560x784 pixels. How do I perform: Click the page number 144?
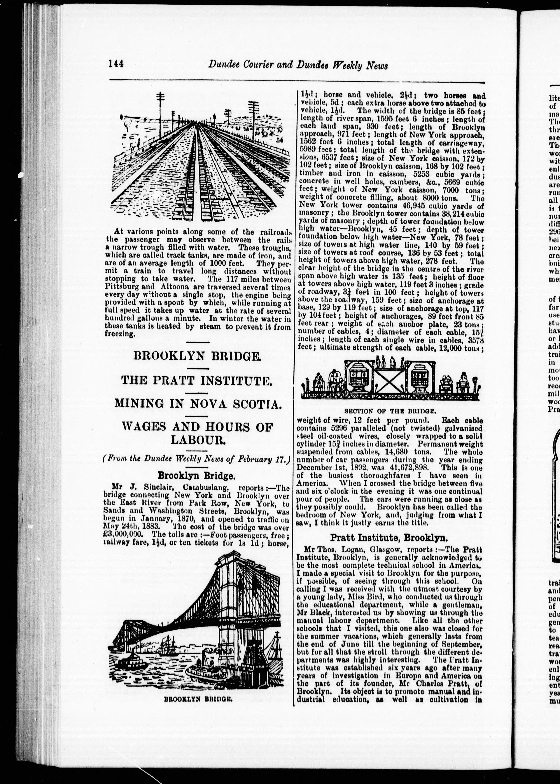(116, 64)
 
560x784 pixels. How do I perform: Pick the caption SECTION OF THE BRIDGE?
(390, 411)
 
